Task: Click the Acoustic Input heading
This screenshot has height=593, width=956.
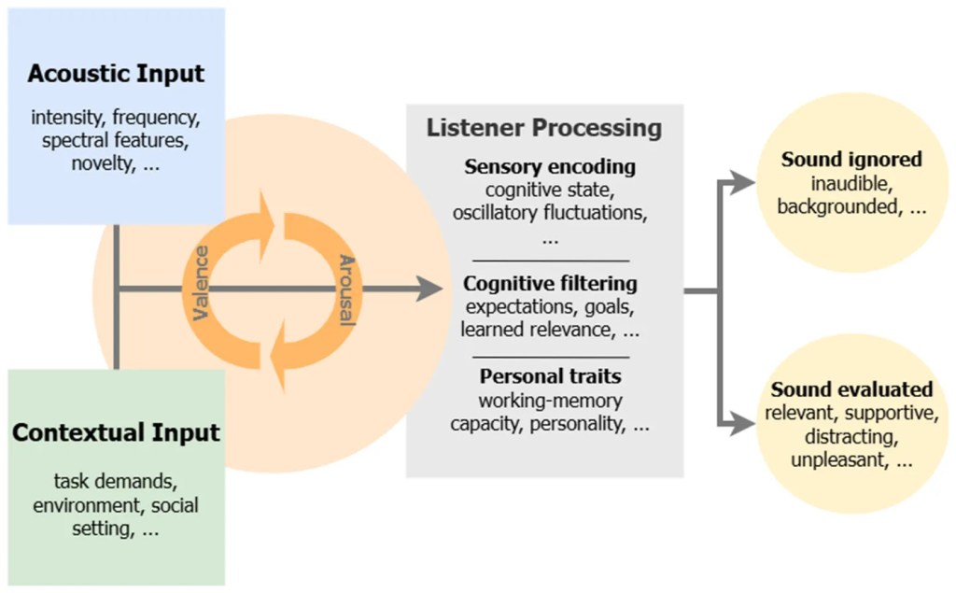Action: coord(116,74)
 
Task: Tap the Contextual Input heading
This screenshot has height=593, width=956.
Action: coord(116,433)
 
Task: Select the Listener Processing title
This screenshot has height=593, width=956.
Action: coord(544,128)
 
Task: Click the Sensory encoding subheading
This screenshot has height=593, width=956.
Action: coord(550,168)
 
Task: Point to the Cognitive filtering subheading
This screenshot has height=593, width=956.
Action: coord(550,283)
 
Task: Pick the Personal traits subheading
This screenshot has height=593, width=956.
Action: coord(550,377)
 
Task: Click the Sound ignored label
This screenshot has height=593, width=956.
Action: coord(851,160)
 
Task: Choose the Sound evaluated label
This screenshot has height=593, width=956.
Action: coord(851,389)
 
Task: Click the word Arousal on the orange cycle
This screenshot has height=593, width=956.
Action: coord(346,289)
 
